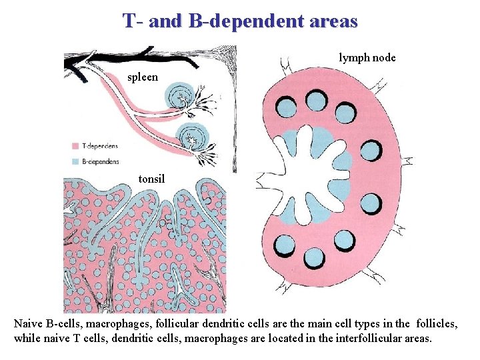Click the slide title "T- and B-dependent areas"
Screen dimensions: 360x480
pyautogui.click(x=240, y=21)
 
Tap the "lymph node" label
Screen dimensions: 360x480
pyautogui.click(x=367, y=58)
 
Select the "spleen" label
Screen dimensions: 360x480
pyautogui.click(x=143, y=77)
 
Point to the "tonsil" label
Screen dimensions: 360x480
pyautogui.click(x=152, y=179)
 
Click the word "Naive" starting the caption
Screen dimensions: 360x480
pyautogui.click(x=29, y=323)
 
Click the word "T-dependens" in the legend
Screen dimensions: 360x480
pyautogui.click(x=101, y=146)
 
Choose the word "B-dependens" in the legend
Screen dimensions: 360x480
pyautogui.click(x=101, y=161)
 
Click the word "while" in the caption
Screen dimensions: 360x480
pyautogui.click(x=27, y=339)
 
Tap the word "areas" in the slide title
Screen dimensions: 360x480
pyautogui.click(x=333, y=21)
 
